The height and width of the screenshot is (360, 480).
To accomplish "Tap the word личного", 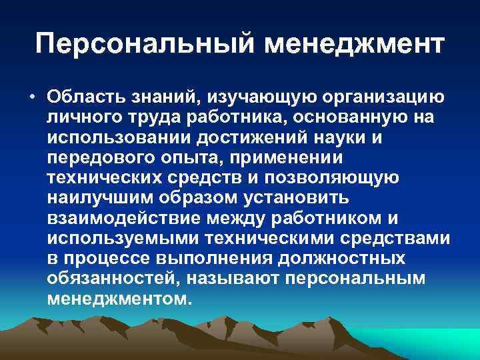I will (83, 118).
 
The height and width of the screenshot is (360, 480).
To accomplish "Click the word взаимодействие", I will (124, 219).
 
